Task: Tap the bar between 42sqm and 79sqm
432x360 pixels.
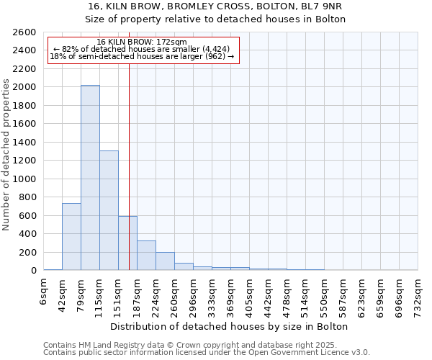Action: click(x=71, y=237)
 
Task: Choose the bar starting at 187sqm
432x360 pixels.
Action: click(x=146, y=256)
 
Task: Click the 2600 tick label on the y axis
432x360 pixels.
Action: click(x=25, y=32)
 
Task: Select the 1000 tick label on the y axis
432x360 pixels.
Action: click(x=25, y=179)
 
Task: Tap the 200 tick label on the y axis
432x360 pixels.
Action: click(x=28, y=252)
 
